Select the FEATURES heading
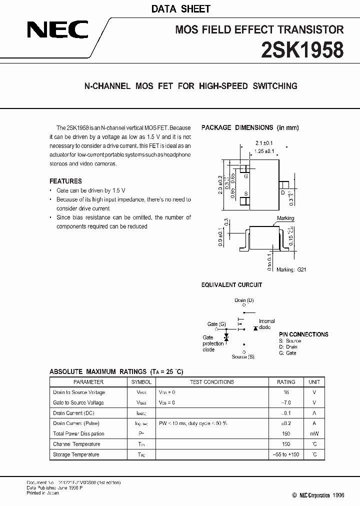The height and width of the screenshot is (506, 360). click(65, 181)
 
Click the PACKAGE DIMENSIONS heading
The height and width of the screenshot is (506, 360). click(250, 127)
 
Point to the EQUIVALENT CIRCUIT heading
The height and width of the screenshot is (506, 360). click(231, 285)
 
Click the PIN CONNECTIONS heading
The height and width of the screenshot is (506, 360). click(303, 334)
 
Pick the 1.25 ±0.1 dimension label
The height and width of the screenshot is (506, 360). click(264, 150)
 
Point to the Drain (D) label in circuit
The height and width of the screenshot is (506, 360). click(244, 300)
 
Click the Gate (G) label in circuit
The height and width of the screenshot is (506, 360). click(216, 324)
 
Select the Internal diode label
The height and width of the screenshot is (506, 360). click(266, 324)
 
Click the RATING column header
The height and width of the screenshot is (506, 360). click(286, 381)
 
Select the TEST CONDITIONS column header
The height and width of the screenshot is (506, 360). click(211, 381)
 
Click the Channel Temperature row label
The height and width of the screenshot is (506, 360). click(76, 444)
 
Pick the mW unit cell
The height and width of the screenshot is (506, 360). click(314, 433)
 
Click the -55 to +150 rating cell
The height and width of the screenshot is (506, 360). click(286, 454)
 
